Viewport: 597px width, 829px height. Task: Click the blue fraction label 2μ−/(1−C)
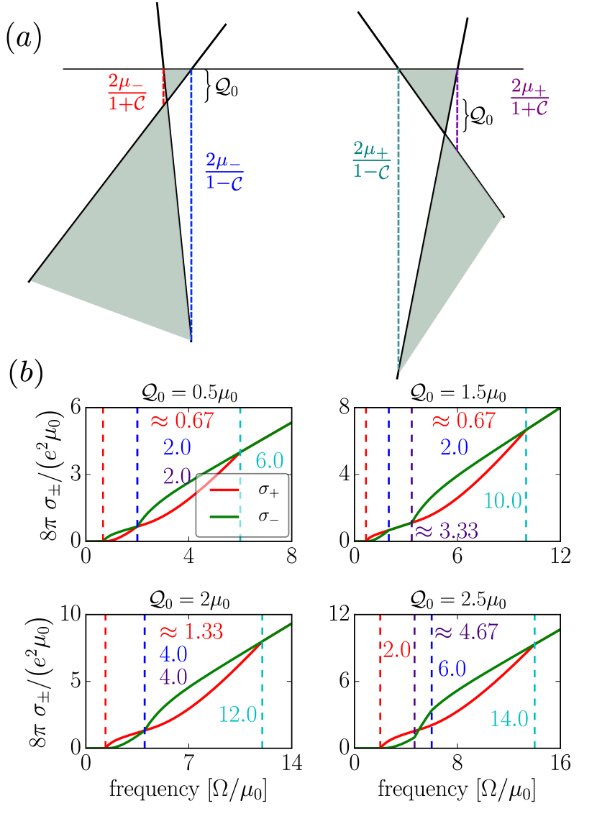(x=224, y=170)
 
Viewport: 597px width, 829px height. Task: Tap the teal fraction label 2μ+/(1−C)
(x=371, y=159)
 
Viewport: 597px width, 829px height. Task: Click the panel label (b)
(x=27, y=374)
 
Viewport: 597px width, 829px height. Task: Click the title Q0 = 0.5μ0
(x=188, y=394)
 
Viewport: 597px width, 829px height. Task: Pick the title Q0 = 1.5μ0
(x=457, y=394)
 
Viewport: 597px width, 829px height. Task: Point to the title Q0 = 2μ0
(x=188, y=600)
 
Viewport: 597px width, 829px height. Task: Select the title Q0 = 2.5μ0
(x=457, y=600)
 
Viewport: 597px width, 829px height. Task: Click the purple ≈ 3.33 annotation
(x=445, y=532)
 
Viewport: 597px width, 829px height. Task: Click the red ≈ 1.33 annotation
(x=191, y=631)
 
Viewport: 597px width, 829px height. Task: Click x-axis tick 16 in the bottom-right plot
(x=560, y=764)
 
